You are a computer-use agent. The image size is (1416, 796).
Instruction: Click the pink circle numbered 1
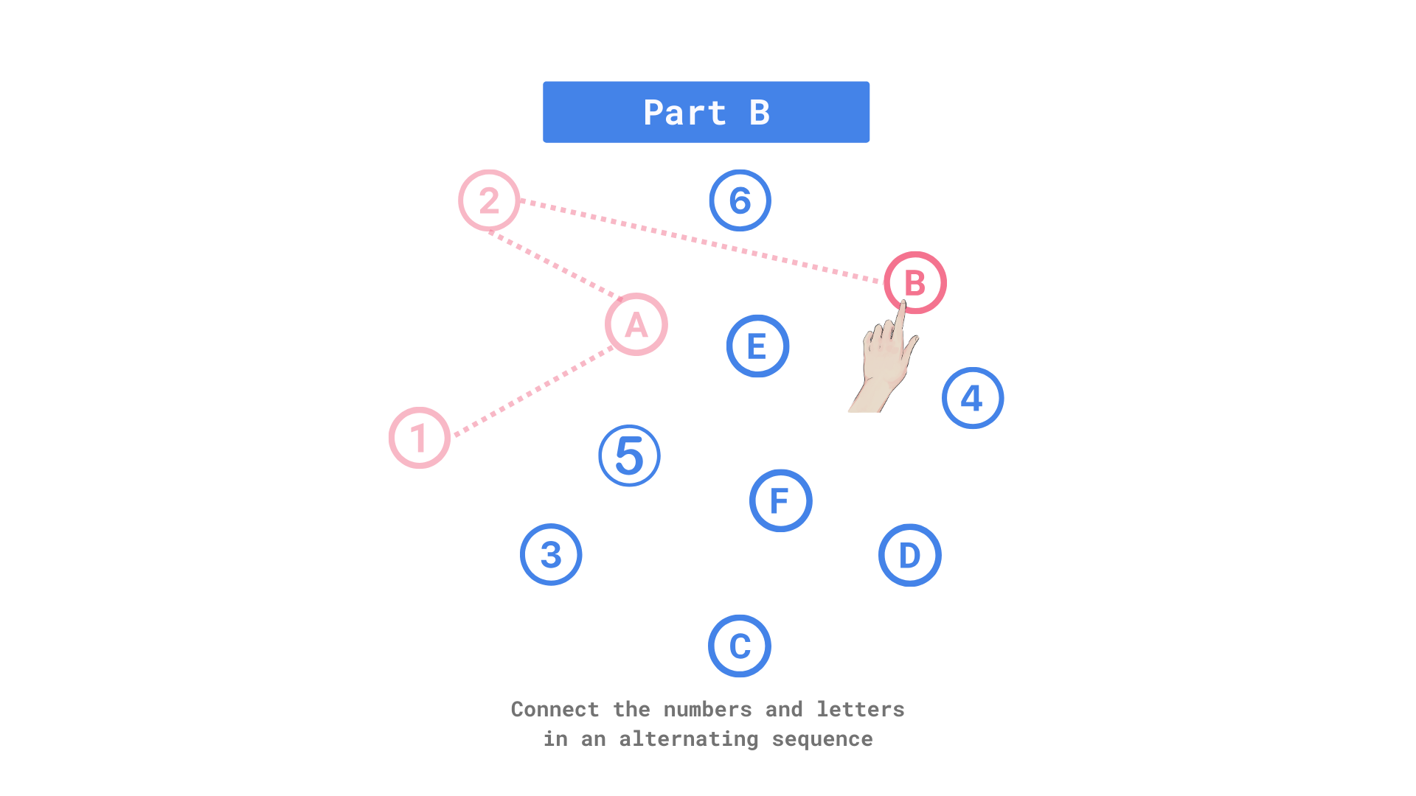[x=419, y=438]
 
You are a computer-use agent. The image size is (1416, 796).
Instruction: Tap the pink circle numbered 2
[x=489, y=200]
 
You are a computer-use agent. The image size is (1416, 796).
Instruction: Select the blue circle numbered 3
[x=551, y=555]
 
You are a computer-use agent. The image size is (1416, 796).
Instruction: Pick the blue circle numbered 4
[x=973, y=398]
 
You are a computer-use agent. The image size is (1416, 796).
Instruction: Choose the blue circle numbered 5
[x=629, y=455]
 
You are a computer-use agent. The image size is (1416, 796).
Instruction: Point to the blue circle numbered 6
[x=740, y=200]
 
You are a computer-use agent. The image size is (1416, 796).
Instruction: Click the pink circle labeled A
[x=636, y=325]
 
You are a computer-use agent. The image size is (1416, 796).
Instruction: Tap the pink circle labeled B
[x=914, y=282]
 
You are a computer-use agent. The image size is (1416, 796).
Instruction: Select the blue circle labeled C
[x=740, y=646]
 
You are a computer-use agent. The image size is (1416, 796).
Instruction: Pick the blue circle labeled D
[x=909, y=556]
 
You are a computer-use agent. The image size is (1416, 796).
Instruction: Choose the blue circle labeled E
[x=757, y=346]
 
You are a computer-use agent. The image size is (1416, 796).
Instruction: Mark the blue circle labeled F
[x=780, y=501]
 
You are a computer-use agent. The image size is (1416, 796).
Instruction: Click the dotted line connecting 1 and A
[x=532, y=391]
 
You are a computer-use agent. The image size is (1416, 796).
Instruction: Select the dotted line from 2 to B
[x=701, y=240]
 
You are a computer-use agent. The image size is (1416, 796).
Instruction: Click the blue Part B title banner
[x=706, y=112]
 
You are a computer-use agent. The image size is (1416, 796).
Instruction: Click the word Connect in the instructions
[x=555, y=709]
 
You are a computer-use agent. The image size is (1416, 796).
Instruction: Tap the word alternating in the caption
[x=688, y=739]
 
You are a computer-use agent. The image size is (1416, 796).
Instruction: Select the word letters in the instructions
[x=860, y=709]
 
